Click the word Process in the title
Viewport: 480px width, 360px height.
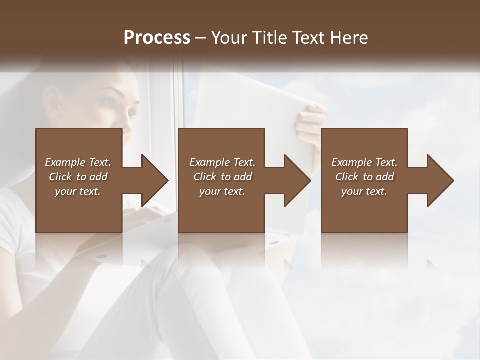click(157, 37)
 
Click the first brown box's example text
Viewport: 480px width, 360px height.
click(78, 177)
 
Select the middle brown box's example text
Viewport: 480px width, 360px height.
click(222, 177)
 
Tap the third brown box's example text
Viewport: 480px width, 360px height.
click(364, 177)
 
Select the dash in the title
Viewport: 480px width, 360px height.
click(201, 38)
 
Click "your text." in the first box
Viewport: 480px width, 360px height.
click(78, 191)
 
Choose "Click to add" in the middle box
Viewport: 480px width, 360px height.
click(222, 177)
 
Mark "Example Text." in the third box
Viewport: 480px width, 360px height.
click(364, 162)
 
